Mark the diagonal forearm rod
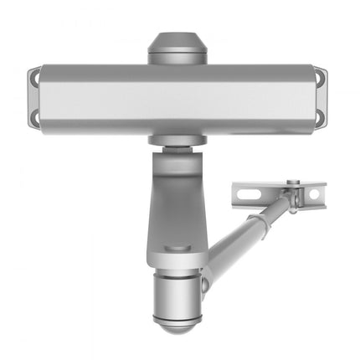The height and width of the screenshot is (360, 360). [x=247, y=234]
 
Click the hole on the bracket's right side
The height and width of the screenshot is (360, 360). [x=314, y=194]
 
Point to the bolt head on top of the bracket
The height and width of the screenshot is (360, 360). [x=291, y=183]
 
